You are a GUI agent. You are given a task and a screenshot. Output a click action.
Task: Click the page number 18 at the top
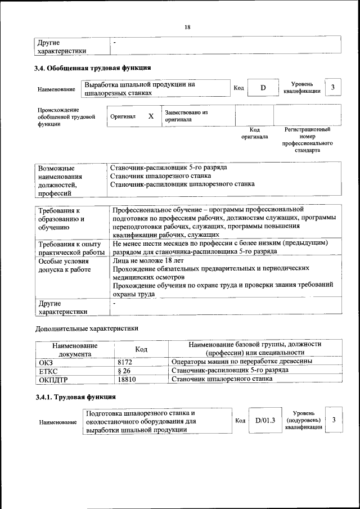click(187, 27)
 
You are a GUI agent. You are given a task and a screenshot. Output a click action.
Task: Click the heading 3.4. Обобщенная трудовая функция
click(93, 69)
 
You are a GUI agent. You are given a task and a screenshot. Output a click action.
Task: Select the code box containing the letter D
click(263, 88)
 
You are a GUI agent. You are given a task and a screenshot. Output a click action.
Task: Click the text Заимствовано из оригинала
click(186, 116)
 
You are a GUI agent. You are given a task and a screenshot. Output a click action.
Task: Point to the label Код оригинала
click(254, 133)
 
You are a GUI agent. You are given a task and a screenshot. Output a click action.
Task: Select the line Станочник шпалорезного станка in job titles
click(157, 175)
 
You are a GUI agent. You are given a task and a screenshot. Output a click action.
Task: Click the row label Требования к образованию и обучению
click(60, 219)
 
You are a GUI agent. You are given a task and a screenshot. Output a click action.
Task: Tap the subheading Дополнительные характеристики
click(87, 328)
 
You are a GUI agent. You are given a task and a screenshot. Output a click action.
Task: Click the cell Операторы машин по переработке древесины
click(242, 362)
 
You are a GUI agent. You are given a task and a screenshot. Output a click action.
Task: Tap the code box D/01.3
click(264, 420)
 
